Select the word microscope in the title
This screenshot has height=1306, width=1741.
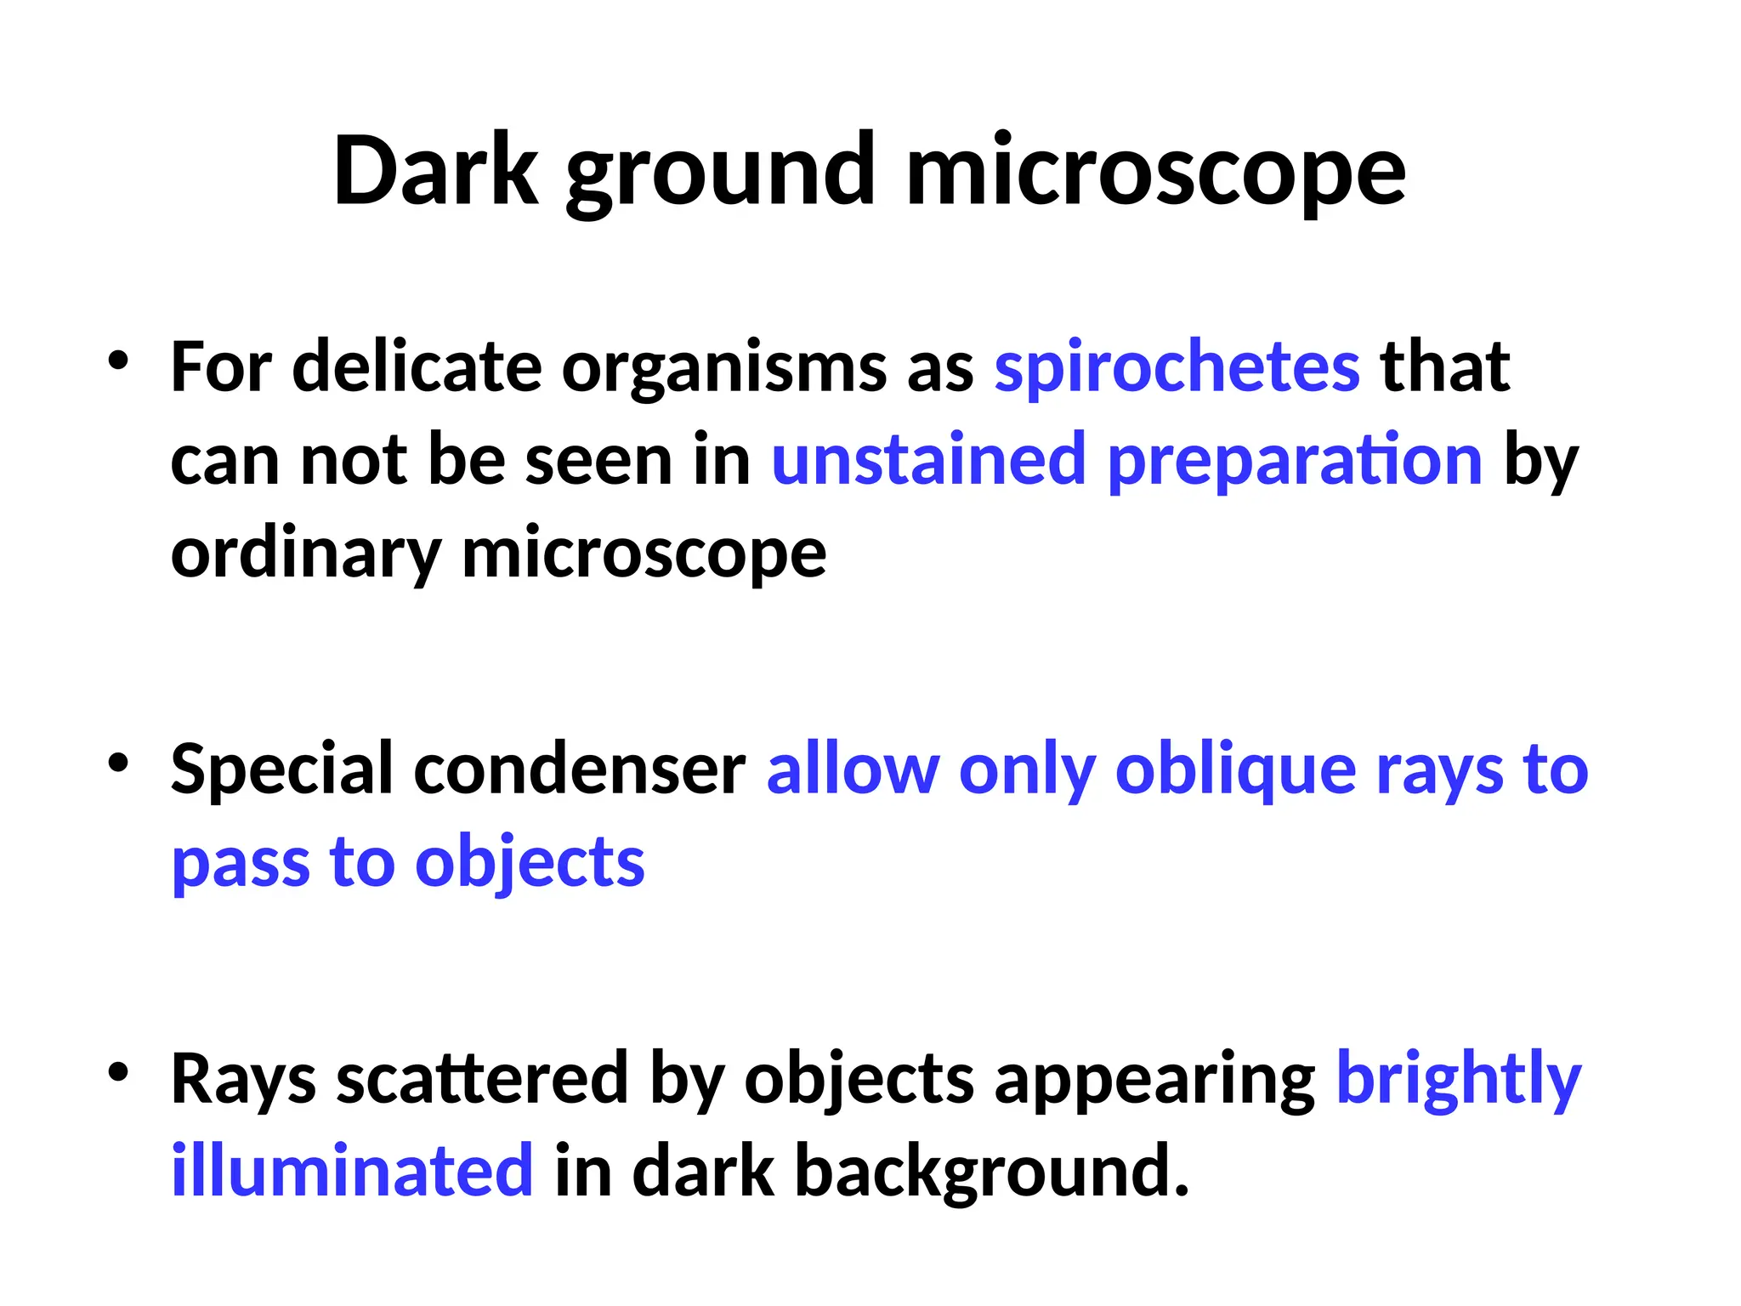point(1156,174)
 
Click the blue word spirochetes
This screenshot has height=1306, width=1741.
point(1177,368)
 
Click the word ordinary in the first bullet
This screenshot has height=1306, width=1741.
point(305,555)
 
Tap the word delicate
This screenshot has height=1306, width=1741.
point(417,367)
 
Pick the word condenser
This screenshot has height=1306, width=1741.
point(580,770)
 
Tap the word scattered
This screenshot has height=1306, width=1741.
point(482,1079)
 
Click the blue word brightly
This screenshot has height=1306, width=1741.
point(1459,1081)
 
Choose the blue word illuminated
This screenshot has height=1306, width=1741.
point(352,1171)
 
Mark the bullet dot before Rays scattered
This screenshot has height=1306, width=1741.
point(118,1072)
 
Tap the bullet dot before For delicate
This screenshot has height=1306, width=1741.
point(118,361)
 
